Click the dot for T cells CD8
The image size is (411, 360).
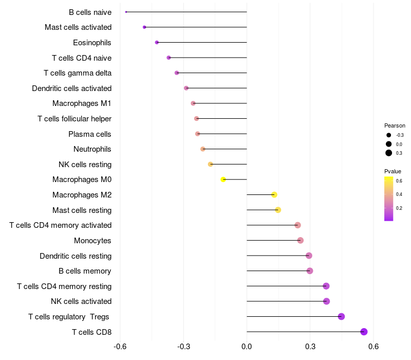(364, 332)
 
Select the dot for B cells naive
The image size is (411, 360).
(126, 12)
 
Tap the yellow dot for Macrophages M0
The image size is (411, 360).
(223, 179)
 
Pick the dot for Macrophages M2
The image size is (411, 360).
(274, 194)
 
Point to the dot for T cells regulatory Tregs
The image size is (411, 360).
(341, 316)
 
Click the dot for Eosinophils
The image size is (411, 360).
(157, 42)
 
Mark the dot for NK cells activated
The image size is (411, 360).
(326, 301)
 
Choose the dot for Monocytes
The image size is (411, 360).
(301, 240)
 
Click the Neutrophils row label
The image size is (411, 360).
(92, 149)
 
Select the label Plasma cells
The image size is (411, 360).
(90, 134)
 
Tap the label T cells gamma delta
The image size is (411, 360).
(78, 73)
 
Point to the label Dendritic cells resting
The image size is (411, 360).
(76, 256)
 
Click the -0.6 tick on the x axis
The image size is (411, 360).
(120, 347)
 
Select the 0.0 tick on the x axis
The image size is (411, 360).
(247, 347)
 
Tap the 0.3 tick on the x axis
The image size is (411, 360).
(310, 347)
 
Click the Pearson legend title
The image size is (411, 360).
(395, 125)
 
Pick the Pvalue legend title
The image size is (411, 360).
(393, 171)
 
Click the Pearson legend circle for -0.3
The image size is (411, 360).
(389, 135)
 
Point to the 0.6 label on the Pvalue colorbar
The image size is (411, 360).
(399, 181)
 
